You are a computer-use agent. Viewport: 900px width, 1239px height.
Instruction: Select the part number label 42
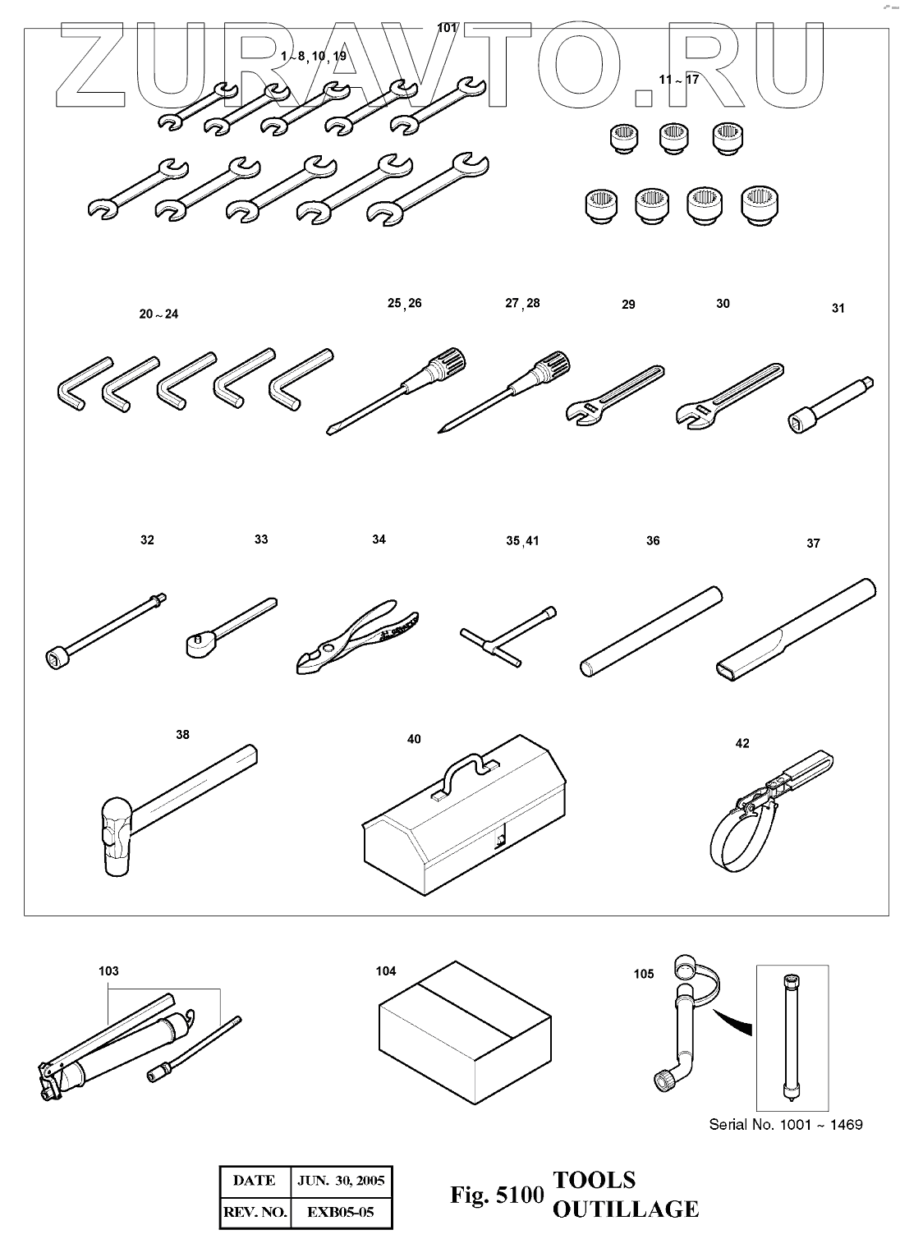click(742, 743)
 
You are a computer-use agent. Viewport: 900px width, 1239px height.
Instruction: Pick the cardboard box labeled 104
click(465, 1039)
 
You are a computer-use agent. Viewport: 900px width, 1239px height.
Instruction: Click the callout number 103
click(108, 971)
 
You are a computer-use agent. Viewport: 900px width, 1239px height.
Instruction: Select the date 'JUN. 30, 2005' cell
click(341, 1181)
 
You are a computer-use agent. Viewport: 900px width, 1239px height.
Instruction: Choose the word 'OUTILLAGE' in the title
click(626, 1209)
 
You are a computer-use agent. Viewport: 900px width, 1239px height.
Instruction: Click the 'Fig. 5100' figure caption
click(497, 1195)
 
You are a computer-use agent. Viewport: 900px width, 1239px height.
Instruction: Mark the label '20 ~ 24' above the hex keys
click(158, 314)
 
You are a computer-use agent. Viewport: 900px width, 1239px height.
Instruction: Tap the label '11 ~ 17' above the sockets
click(679, 80)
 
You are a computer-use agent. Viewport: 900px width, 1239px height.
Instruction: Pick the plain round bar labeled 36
click(651, 631)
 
